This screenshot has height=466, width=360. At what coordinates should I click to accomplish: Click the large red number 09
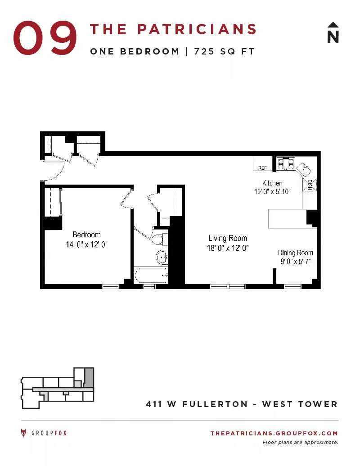[45, 38]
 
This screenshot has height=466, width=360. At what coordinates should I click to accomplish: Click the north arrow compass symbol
[333, 33]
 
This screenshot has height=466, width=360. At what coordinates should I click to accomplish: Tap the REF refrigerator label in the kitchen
[262, 168]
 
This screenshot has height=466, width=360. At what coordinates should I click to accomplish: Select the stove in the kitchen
[286, 163]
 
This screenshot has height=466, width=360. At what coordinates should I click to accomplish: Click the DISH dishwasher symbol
[310, 185]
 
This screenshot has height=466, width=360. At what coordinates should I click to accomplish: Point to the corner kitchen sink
[304, 169]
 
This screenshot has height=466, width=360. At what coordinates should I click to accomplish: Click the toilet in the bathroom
[159, 239]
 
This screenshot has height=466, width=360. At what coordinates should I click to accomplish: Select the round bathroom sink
[162, 257]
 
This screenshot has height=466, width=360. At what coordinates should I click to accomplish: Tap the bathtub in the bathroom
[151, 276]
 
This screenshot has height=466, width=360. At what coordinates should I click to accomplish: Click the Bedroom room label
[86, 235]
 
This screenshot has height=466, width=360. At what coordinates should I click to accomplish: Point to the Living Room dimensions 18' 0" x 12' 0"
[228, 248]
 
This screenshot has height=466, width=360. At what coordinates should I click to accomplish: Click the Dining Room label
[296, 253]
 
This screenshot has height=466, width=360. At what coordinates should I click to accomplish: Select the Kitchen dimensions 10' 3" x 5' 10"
[272, 191]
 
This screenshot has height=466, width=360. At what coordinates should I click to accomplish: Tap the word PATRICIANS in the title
[197, 29]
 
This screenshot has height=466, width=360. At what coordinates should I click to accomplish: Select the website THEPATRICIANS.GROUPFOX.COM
[274, 433]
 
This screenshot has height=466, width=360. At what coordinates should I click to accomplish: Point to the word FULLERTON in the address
[215, 404]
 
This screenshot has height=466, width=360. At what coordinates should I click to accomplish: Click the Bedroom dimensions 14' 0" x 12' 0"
[86, 244]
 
